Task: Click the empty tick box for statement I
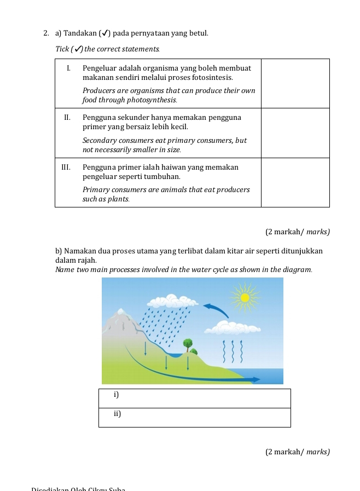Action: pos(295,83)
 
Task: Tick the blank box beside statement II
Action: pos(295,132)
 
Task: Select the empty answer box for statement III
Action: pos(295,182)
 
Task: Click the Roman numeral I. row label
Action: pos(69,68)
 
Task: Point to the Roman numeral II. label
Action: pos(68,118)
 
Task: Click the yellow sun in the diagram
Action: pos(245,297)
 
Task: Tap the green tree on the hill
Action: pos(188,344)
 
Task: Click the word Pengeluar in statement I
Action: pos(99,68)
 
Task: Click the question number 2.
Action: pos(47,34)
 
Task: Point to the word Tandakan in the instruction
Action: pos(80,34)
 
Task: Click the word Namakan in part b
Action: pos(84,251)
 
